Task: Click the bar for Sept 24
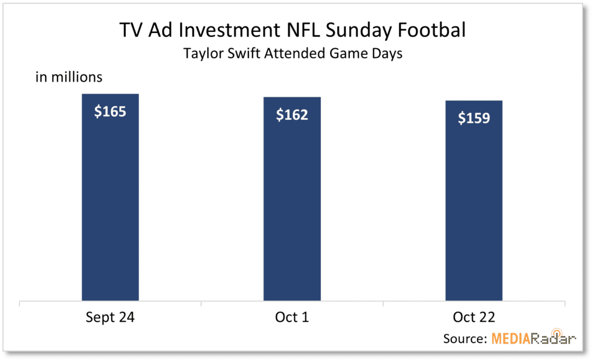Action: click(x=110, y=197)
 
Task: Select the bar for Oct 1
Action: click(x=292, y=199)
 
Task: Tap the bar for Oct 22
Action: click(x=474, y=201)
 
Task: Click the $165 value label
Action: click(x=110, y=112)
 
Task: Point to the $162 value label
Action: click(x=292, y=115)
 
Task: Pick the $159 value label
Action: click(x=474, y=118)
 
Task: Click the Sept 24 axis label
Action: click(x=110, y=317)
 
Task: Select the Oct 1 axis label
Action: click(x=292, y=317)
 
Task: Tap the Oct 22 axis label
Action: click(x=474, y=317)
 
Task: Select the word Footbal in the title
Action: click(x=431, y=30)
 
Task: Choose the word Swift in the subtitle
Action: click(x=244, y=53)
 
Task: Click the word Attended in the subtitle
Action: click(x=295, y=53)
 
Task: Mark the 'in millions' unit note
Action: click(x=69, y=77)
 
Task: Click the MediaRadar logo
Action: click(x=533, y=337)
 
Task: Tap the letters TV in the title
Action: click(x=131, y=30)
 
